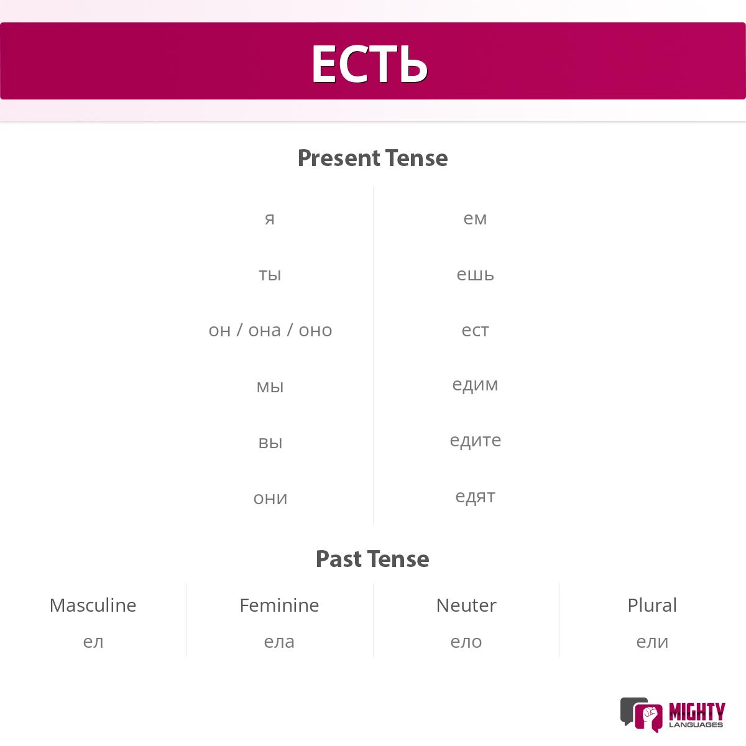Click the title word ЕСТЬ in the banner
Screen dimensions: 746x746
369,63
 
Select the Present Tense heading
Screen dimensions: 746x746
372,158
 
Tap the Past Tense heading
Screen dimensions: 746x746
372,559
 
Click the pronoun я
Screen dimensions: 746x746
270,218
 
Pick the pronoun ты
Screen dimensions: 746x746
270,274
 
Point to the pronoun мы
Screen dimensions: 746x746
270,386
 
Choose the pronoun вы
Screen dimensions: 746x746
270,442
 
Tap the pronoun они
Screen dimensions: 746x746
270,498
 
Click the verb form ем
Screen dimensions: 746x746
475,218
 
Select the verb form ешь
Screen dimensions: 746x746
475,274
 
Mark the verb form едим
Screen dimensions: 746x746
475,385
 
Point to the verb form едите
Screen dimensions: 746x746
475,441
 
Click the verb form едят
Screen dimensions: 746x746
475,497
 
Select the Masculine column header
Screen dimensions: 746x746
93,605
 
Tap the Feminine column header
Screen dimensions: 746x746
279,605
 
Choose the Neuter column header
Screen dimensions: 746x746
466,605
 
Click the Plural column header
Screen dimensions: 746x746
652,605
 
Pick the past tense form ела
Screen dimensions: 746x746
279,642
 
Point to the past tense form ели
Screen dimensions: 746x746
652,642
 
